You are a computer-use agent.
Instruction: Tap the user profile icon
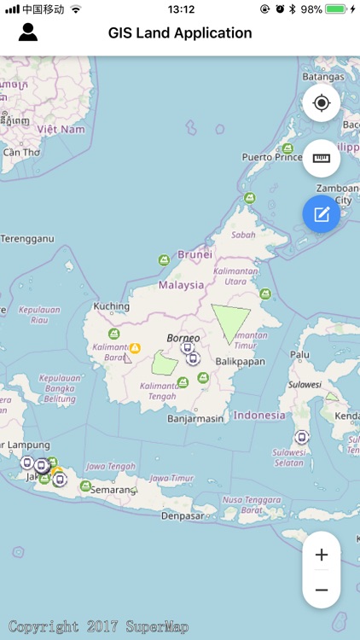[x=28, y=33]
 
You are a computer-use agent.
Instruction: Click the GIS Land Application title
[x=180, y=33]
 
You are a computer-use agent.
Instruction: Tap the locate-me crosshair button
[x=322, y=103]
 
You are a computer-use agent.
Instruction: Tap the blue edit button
[x=322, y=214]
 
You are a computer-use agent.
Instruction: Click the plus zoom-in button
[x=322, y=555]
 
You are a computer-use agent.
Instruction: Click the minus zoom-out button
[x=322, y=590]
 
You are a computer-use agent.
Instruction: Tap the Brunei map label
[x=195, y=254]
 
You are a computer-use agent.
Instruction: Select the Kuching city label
[x=112, y=306]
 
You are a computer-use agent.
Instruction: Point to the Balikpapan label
[x=241, y=361]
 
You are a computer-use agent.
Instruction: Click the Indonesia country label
[x=259, y=416]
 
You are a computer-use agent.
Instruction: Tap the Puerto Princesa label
[x=272, y=157]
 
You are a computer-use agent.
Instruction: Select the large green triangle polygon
[x=229, y=322]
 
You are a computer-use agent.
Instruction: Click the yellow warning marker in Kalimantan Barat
[x=135, y=348]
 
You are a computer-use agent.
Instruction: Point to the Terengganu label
[x=26, y=238]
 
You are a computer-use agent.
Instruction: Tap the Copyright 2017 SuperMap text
[x=98, y=627]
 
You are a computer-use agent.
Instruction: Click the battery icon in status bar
[x=336, y=9]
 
